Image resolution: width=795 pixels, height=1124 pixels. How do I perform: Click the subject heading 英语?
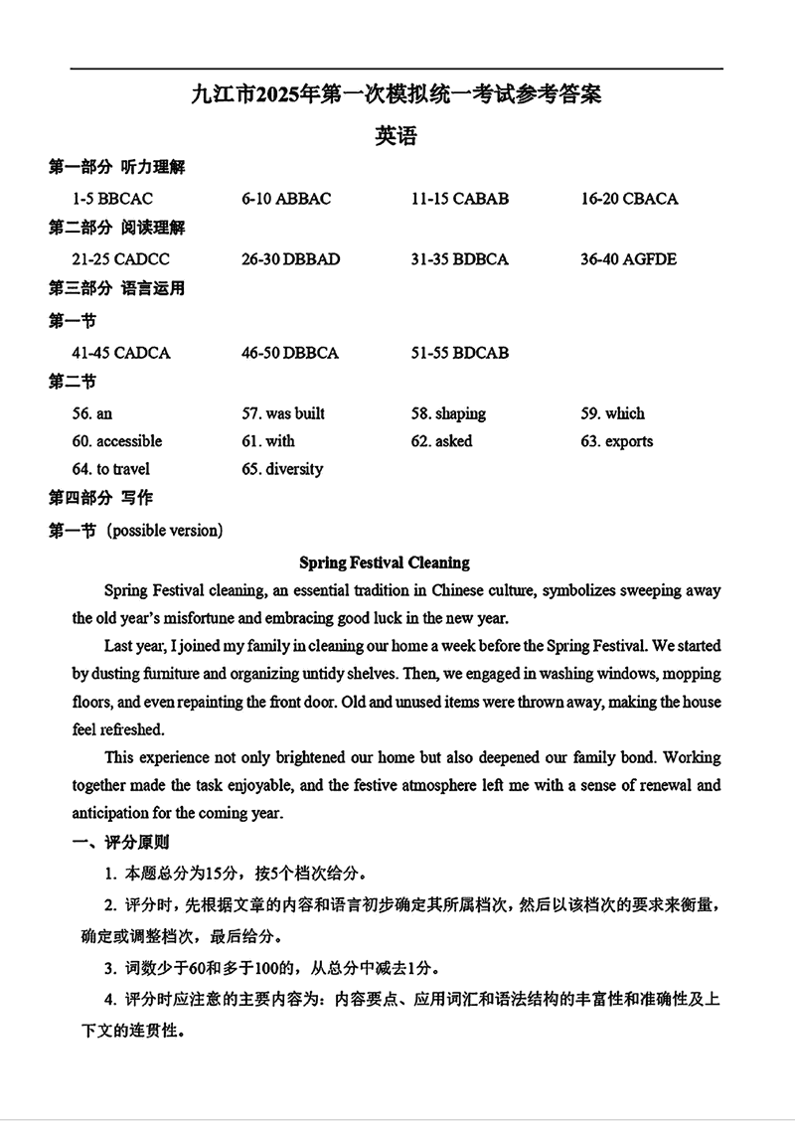[396, 136]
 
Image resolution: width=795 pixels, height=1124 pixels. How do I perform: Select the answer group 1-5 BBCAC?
[112, 199]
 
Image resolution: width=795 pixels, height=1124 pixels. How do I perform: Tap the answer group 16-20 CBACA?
[629, 199]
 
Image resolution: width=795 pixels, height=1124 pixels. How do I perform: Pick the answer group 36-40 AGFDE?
[628, 259]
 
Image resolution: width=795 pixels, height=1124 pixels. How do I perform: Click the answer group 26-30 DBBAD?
[290, 259]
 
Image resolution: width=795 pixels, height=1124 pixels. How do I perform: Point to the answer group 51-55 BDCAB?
[459, 353]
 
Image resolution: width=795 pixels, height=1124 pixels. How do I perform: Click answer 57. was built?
[283, 413]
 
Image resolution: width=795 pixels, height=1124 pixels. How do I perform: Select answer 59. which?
[612, 413]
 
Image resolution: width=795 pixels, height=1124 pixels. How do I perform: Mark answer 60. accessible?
[116, 441]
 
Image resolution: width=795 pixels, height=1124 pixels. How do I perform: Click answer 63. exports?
[617, 441]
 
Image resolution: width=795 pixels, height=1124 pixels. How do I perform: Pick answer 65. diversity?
[282, 469]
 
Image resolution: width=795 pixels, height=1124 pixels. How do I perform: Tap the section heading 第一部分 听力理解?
[116, 167]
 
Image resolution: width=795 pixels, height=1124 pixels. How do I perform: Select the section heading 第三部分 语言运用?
[116, 289]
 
